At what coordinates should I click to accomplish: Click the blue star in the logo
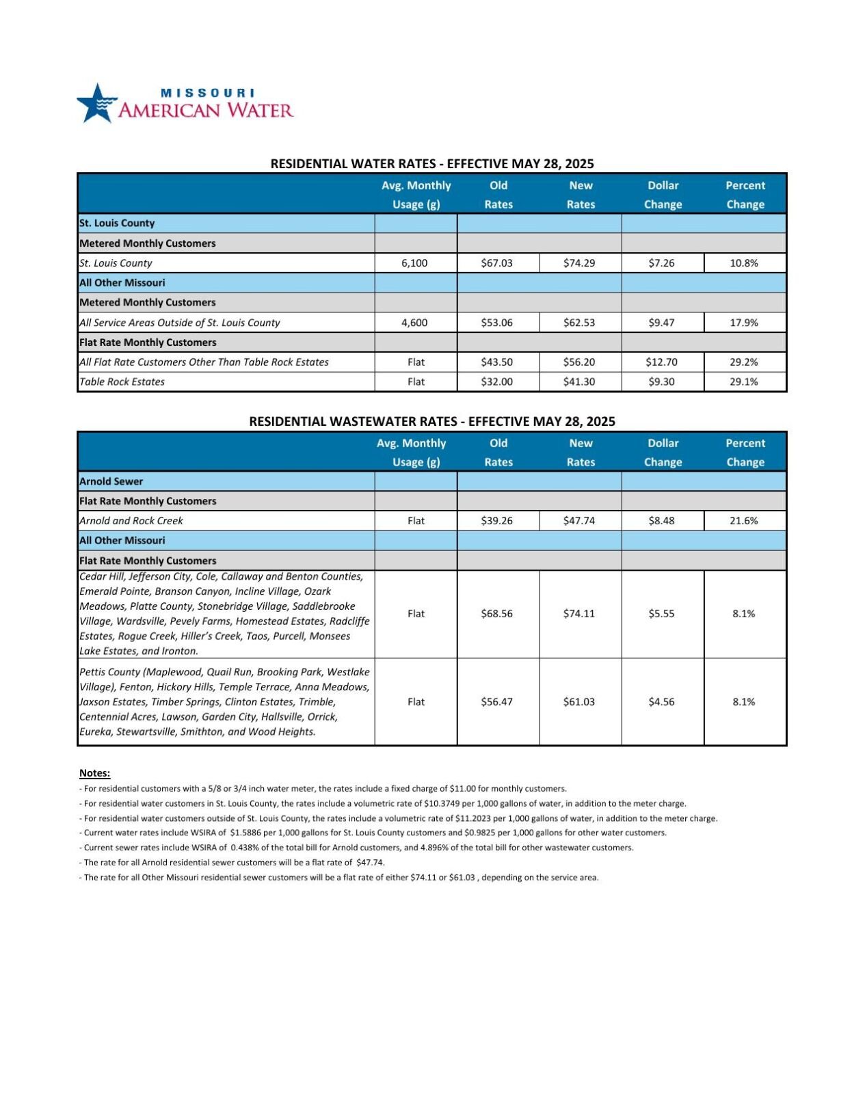tap(96, 104)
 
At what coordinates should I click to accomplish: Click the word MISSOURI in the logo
tap(207, 93)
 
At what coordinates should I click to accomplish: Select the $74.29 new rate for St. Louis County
tap(579, 263)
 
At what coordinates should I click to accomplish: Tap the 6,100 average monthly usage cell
tap(415, 263)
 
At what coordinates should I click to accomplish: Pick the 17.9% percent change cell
tap(744, 323)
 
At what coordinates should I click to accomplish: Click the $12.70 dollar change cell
tap(661, 362)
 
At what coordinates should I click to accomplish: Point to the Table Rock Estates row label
tap(122, 382)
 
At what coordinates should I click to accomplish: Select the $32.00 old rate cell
tap(497, 382)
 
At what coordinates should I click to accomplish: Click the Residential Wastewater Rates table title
tap(431, 422)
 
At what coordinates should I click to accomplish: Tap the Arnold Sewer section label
tap(111, 481)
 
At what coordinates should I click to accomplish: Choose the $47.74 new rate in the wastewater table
tap(579, 521)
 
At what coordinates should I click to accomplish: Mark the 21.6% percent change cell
tap(744, 521)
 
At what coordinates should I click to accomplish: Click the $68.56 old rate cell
tap(497, 614)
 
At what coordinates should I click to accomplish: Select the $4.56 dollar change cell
tap(661, 702)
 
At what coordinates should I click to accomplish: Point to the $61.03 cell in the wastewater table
tap(579, 702)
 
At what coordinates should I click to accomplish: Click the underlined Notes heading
tap(94, 773)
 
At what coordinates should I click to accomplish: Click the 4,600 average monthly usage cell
tap(415, 323)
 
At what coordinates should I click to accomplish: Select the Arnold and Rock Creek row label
tap(131, 521)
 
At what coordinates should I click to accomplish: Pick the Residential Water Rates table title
tap(431, 164)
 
